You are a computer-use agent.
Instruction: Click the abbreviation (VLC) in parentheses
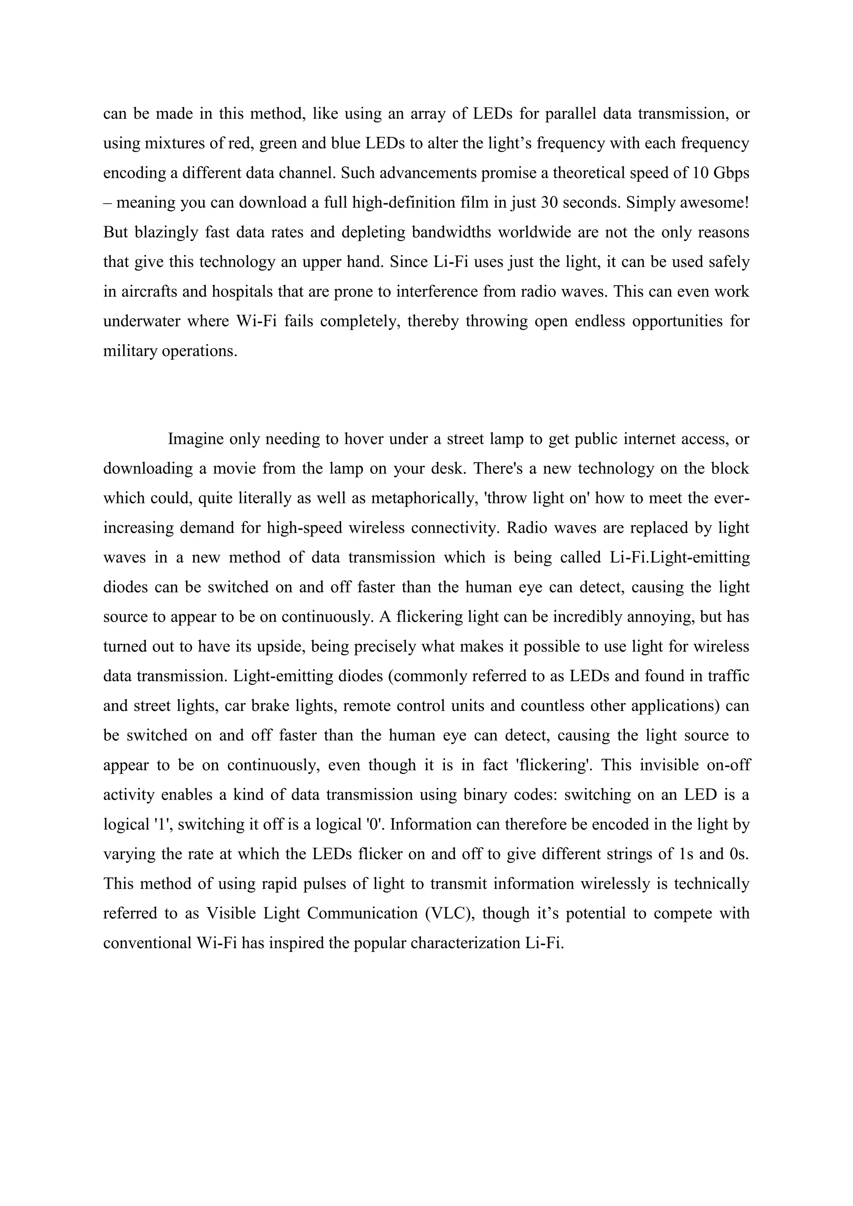[x=449, y=913]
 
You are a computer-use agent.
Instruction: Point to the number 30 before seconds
[x=549, y=203]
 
